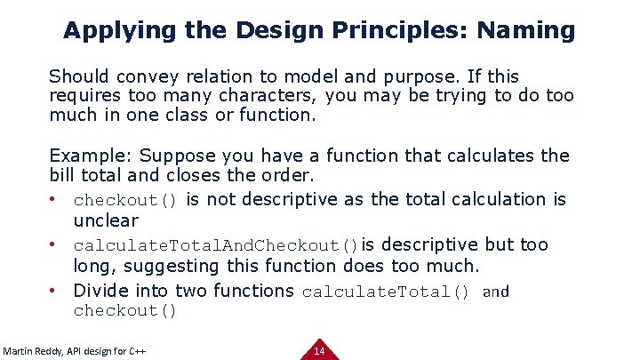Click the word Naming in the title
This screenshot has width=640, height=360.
(525, 31)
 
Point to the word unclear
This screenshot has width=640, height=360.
(106, 220)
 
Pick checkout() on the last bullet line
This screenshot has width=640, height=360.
(125, 311)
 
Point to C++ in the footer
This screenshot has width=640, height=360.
(135, 352)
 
